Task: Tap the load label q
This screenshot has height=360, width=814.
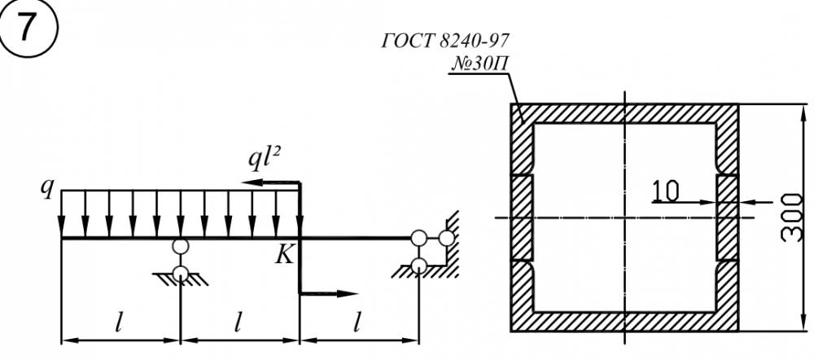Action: click(47, 191)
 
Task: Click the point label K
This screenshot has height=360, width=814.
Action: click(285, 255)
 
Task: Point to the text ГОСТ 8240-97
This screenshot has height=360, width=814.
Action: click(446, 41)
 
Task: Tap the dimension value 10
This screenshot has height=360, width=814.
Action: click(665, 190)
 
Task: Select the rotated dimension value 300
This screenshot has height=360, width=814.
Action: click(792, 217)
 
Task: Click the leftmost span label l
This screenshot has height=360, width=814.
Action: click(119, 323)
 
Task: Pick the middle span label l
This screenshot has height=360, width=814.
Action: click(239, 323)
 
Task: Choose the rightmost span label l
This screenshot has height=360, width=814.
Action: click(357, 323)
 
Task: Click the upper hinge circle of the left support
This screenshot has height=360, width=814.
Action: click(180, 247)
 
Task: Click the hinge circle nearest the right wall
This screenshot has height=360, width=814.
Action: click(446, 238)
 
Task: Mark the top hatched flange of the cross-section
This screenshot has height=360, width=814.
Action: click(624, 114)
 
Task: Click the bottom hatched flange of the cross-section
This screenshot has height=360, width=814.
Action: click(624, 322)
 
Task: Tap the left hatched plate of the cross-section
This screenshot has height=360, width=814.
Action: click(523, 217)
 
